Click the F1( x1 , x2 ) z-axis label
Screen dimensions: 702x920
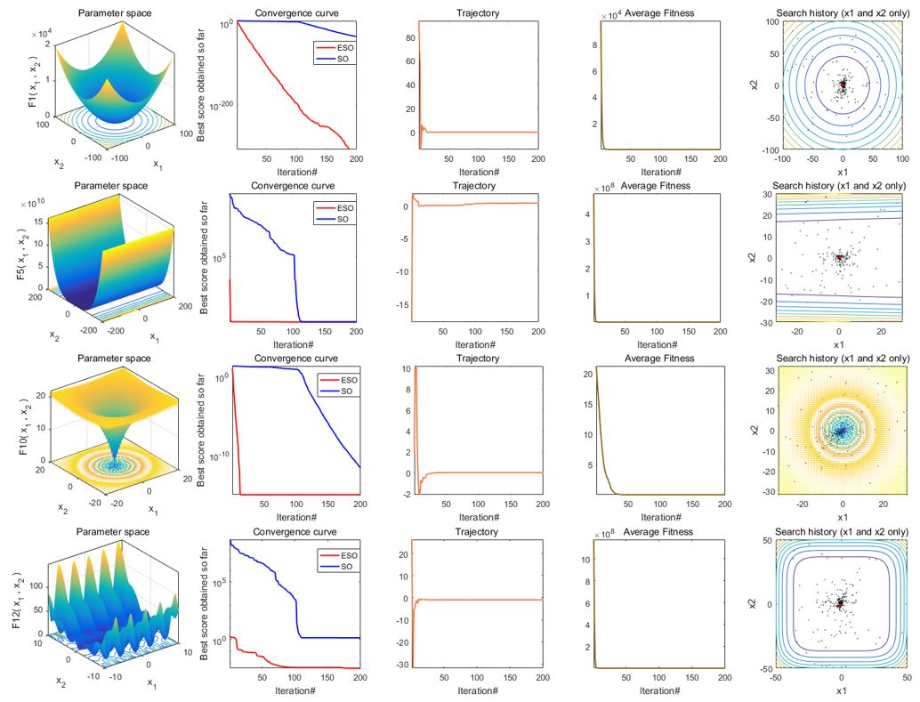pos(33,85)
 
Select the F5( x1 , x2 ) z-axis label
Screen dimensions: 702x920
pos(21,258)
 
